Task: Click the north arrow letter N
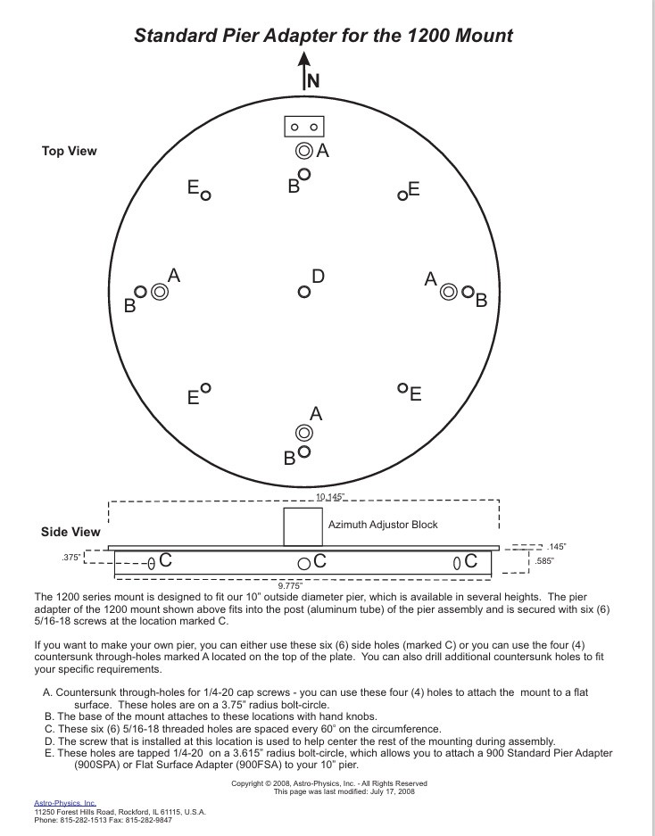[313, 80]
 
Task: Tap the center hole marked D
[304, 292]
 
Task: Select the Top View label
[70, 151]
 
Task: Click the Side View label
[70, 532]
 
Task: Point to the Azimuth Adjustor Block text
[383, 525]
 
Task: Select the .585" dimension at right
[545, 561]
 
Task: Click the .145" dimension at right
[557, 546]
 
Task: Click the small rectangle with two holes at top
[303, 127]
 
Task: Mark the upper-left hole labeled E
[206, 195]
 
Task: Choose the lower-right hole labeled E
[402, 389]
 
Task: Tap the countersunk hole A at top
[303, 151]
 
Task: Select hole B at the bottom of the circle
[304, 451]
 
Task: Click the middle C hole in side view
[304, 563]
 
